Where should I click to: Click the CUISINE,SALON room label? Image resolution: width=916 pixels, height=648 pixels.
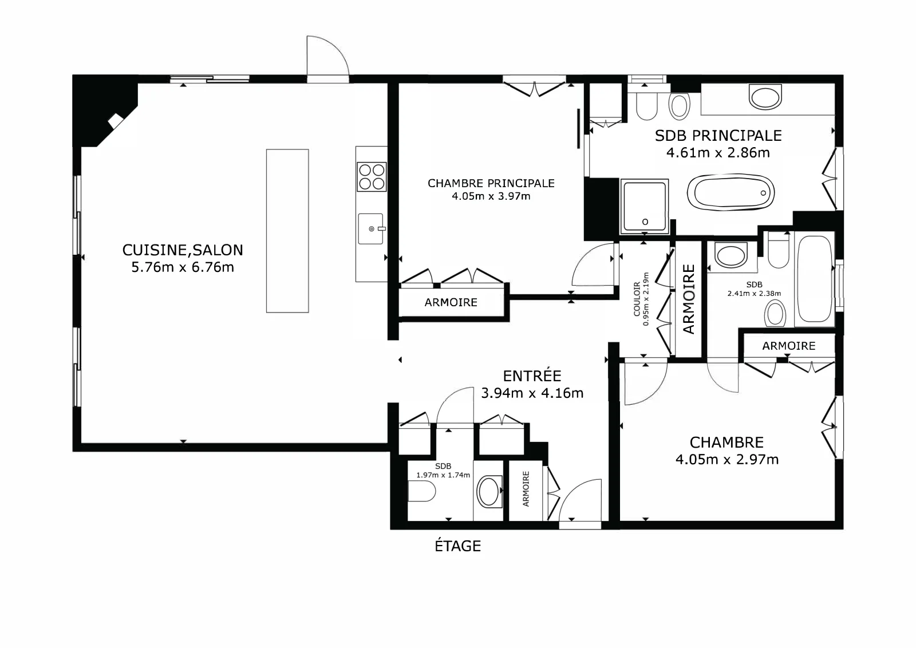point(183,250)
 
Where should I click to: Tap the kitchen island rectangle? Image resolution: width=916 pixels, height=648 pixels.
point(287,231)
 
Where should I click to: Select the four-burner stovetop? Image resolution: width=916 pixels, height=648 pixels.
point(372,177)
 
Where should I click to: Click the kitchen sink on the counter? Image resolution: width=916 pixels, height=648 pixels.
point(371,229)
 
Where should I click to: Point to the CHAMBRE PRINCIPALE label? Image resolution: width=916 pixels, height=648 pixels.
point(491,183)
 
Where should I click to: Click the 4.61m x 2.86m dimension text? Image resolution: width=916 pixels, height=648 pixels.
point(718,152)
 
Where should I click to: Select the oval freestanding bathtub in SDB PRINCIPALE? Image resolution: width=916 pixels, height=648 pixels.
point(731,193)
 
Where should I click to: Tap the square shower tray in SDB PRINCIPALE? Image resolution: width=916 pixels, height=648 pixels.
point(645,207)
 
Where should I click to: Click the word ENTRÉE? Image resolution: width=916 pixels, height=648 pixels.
point(532,376)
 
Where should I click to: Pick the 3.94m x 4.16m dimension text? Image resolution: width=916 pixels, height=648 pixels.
point(532,393)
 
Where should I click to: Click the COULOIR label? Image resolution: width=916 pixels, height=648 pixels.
point(637,299)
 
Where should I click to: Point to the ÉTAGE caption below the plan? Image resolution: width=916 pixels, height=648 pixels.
point(457,546)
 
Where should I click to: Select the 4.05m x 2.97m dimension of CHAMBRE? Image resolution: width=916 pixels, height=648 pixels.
point(727,460)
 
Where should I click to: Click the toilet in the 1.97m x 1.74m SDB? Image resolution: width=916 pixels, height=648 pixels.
point(421,491)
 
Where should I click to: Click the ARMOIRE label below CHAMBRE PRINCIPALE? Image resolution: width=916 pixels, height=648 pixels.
point(451,303)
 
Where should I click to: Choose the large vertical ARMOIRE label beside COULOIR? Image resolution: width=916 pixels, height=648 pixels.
point(689,299)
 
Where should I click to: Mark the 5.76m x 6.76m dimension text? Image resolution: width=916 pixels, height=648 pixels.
point(183,267)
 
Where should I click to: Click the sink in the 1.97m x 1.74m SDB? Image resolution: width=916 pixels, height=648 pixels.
point(489,491)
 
